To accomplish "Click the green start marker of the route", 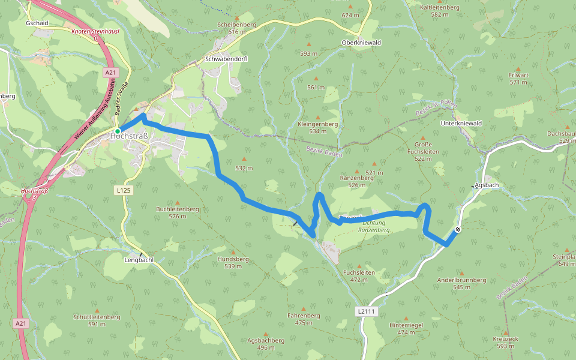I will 118,131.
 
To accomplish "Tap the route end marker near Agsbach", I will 458,229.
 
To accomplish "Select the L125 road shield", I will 123,190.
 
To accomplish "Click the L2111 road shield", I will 365,311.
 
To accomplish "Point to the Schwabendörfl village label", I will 226,59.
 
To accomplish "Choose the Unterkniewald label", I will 461,123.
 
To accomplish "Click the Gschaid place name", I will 37,23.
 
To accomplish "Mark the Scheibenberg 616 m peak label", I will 238,28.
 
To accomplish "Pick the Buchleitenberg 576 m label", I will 178,212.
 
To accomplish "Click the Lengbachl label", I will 139,260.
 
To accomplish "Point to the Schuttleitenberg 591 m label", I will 97,320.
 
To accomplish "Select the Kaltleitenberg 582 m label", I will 440,10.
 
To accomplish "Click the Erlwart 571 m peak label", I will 518,79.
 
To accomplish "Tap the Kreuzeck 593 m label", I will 505,342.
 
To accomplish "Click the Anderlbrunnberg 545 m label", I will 461,283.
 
